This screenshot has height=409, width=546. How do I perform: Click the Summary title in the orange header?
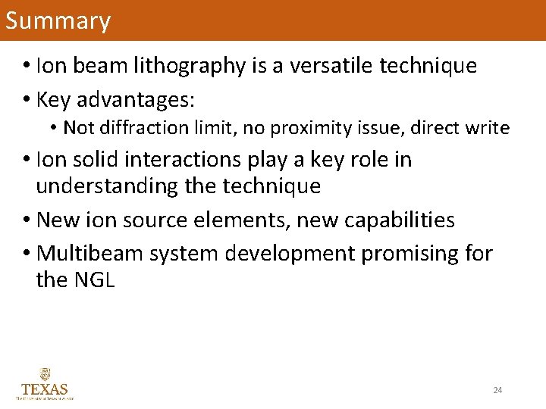point(58,20)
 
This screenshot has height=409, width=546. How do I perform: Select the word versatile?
point(330,67)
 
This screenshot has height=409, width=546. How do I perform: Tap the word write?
point(488,128)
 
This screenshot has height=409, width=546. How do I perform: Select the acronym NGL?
point(94,279)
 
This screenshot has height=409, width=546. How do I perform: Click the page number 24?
point(497,390)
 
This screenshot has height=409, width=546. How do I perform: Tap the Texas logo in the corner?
point(45,384)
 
